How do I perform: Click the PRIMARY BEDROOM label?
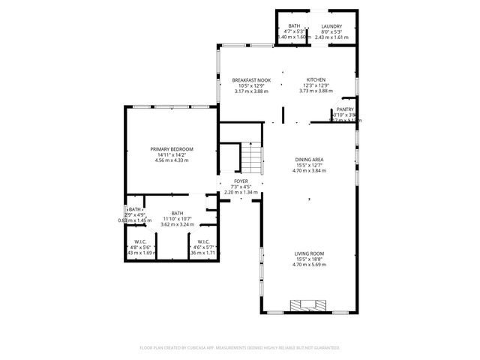click(x=172, y=150)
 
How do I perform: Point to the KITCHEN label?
click(x=314, y=80)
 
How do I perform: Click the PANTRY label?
click(x=345, y=109)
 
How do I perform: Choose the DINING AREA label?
click(x=309, y=160)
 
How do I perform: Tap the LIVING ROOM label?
click(x=309, y=253)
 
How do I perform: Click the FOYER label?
click(x=241, y=181)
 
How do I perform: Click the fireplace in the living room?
click(x=307, y=304)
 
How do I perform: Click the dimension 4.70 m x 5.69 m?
click(x=309, y=265)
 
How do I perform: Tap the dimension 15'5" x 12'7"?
click(x=309, y=165)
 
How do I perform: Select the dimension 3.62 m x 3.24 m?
click(x=177, y=224)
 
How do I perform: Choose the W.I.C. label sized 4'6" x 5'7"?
click(x=203, y=241)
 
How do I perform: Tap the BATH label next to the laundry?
click(x=294, y=25)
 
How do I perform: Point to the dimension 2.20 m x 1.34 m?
click(x=241, y=193)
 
